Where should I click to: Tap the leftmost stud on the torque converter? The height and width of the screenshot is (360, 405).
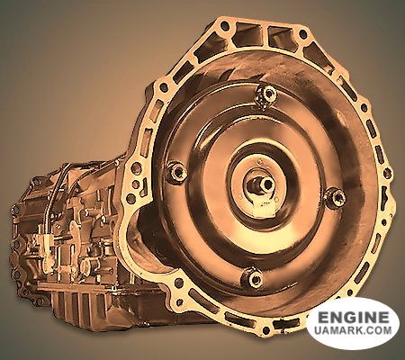coord(177,173)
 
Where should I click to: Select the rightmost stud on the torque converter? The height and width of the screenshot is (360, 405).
coord(335,197)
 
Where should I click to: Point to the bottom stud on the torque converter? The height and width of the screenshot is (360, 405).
coord(254,278)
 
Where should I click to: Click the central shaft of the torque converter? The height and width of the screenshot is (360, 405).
coord(264,184)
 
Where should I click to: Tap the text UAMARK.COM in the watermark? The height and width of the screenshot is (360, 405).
coord(353,330)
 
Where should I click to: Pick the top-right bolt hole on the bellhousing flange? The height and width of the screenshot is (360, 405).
coord(303,34)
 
